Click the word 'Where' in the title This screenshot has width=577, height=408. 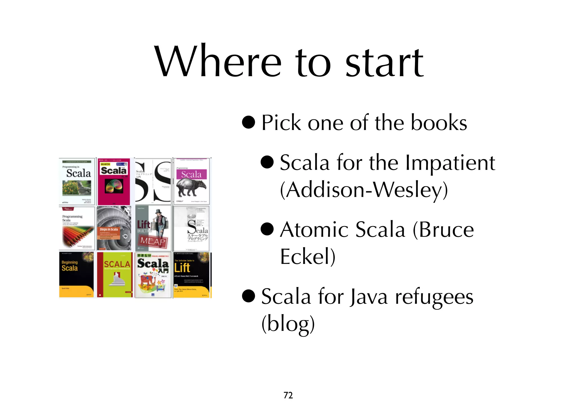click(x=218, y=61)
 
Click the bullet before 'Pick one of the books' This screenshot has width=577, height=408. click(x=248, y=122)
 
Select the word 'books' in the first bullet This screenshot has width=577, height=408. click(x=439, y=123)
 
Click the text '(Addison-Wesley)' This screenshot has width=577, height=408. click(x=364, y=190)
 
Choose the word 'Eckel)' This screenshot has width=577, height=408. click(x=308, y=256)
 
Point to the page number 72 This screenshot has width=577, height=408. click(x=288, y=395)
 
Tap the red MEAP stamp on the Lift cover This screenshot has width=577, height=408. click(x=153, y=241)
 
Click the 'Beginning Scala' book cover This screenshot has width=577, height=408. click(x=76, y=274)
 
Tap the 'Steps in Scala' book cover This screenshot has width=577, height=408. click(x=114, y=228)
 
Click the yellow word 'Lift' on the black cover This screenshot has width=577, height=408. click(x=182, y=267)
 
